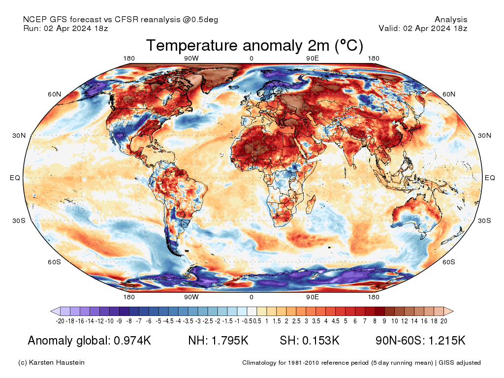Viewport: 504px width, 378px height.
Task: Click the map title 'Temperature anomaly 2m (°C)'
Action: (254, 46)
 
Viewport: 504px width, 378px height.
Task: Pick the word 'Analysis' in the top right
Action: (451, 20)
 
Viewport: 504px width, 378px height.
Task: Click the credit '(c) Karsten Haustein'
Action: (51, 363)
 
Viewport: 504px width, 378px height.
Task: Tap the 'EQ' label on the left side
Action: (15, 178)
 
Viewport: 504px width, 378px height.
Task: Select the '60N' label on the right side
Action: (449, 94)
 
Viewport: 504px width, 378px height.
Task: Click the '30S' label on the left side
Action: (19, 220)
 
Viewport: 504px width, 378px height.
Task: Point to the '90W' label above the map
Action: (191, 58)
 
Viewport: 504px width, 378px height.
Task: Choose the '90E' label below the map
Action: (313, 297)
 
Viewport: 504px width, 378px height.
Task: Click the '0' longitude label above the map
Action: (252, 58)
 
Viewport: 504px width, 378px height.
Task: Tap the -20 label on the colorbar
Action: (61, 321)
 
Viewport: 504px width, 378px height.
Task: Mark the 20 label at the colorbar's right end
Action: (443, 321)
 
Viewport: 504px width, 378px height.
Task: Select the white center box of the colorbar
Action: (252, 311)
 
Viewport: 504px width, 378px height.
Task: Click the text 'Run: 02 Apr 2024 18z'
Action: (65, 29)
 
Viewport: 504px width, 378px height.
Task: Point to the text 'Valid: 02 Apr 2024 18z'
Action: (423, 29)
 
